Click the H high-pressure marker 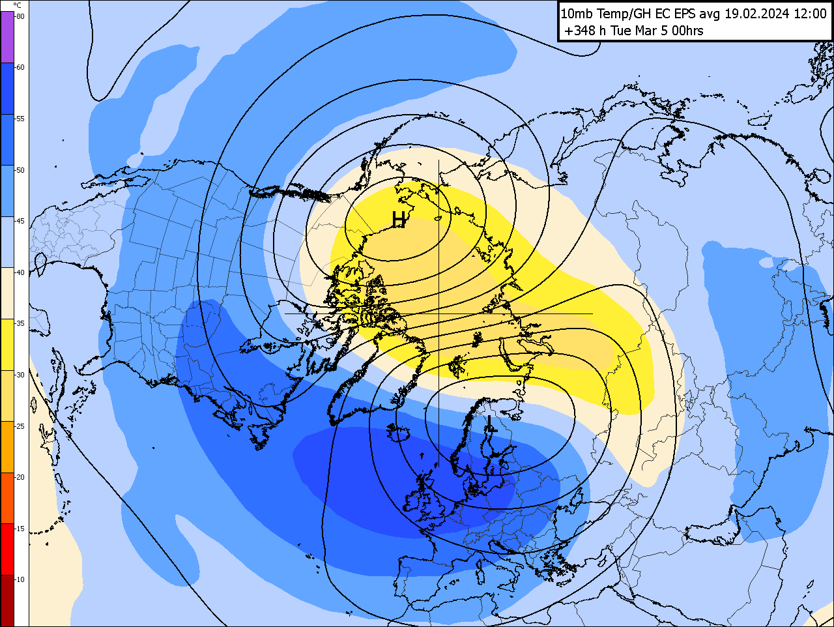[x=399, y=220]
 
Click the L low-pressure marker [x=491, y=424]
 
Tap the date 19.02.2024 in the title [x=757, y=14]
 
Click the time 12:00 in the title [x=809, y=14]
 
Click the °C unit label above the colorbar [x=17, y=6]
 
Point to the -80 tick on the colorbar [x=20, y=16]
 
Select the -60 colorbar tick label [x=20, y=67]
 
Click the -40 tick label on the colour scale [x=20, y=272]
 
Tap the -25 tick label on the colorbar [x=20, y=426]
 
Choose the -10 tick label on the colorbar [x=20, y=579]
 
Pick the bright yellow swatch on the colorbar [x=7, y=345]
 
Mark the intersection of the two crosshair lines [x=439, y=313]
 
